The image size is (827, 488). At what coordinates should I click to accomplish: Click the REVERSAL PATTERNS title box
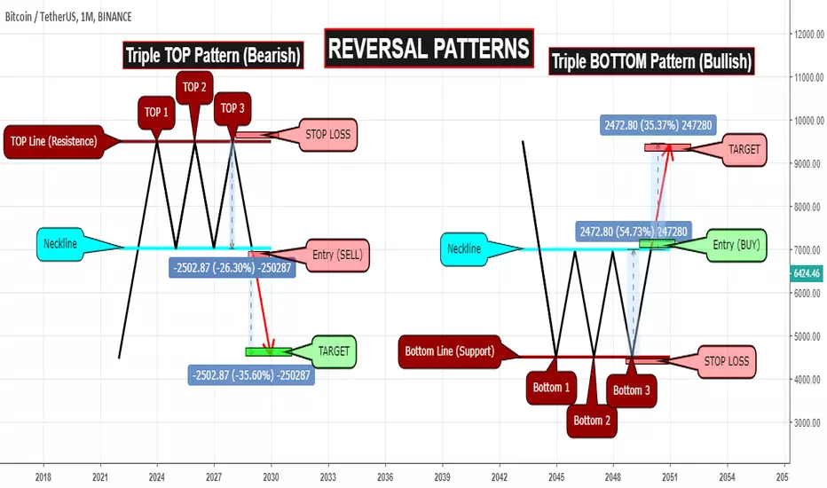click(x=429, y=48)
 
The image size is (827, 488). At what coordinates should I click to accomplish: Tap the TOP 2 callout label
click(x=194, y=88)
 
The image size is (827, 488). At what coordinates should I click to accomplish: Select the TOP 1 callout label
click(x=156, y=113)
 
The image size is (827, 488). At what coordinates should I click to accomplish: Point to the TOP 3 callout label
click(x=232, y=108)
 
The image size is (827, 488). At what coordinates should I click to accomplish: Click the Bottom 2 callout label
click(x=592, y=421)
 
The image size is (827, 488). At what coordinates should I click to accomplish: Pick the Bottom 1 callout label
click(x=551, y=388)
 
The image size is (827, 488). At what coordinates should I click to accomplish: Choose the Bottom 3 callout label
click(x=631, y=391)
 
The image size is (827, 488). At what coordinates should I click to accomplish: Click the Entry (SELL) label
click(x=337, y=256)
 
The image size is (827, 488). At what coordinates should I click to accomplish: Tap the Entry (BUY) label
click(x=736, y=245)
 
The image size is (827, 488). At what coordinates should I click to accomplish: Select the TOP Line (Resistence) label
click(x=54, y=141)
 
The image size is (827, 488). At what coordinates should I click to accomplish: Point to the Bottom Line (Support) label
click(x=449, y=351)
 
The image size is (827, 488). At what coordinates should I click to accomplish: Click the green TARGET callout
click(x=334, y=351)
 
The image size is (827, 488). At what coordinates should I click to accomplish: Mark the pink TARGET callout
click(x=744, y=150)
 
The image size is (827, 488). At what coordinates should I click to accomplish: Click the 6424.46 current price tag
click(x=807, y=273)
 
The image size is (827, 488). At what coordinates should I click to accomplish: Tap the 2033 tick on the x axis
click(x=328, y=477)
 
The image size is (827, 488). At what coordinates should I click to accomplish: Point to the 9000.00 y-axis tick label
click(x=809, y=164)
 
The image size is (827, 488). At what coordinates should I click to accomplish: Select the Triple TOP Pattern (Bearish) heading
click(x=213, y=55)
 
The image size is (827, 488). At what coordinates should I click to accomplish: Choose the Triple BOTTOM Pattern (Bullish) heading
click(x=651, y=61)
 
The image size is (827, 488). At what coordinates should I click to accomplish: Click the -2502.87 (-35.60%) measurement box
click(x=251, y=375)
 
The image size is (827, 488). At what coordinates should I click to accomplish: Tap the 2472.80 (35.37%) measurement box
click(x=658, y=126)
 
